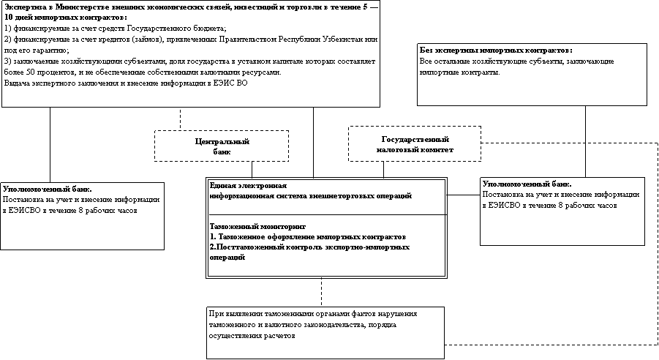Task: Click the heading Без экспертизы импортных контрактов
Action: click(x=495, y=50)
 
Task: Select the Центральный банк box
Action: click(x=222, y=146)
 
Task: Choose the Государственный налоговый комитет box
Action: click(x=415, y=143)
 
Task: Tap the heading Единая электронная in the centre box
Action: click(x=248, y=186)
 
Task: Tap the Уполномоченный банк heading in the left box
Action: click(x=47, y=189)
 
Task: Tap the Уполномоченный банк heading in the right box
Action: click(x=527, y=184)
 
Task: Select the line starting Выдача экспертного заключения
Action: click(x=126, y=83)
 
